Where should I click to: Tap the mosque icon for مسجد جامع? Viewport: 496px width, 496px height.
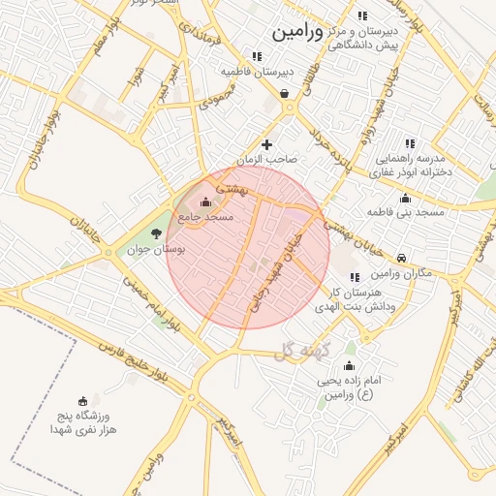pyautogui.click(x=205, y=202)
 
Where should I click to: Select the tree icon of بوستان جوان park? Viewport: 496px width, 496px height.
pyautogui.click(x=157, y=233)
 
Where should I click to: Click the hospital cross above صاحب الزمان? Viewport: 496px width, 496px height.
pyautogui.click(x=267, y=144)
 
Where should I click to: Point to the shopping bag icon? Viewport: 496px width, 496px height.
pyautogui.click(x=284, y=94)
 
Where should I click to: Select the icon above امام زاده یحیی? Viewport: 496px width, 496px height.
pyautogui.click(x=349, y=365)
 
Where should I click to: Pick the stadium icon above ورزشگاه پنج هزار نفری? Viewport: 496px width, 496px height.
pyautogui.click(x=84, y=400)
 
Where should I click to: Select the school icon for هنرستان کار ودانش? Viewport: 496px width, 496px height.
pyautogui.click(x=355, y=277)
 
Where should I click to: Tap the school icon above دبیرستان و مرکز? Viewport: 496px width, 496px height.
pyautogui.click(x=362, y=16)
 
